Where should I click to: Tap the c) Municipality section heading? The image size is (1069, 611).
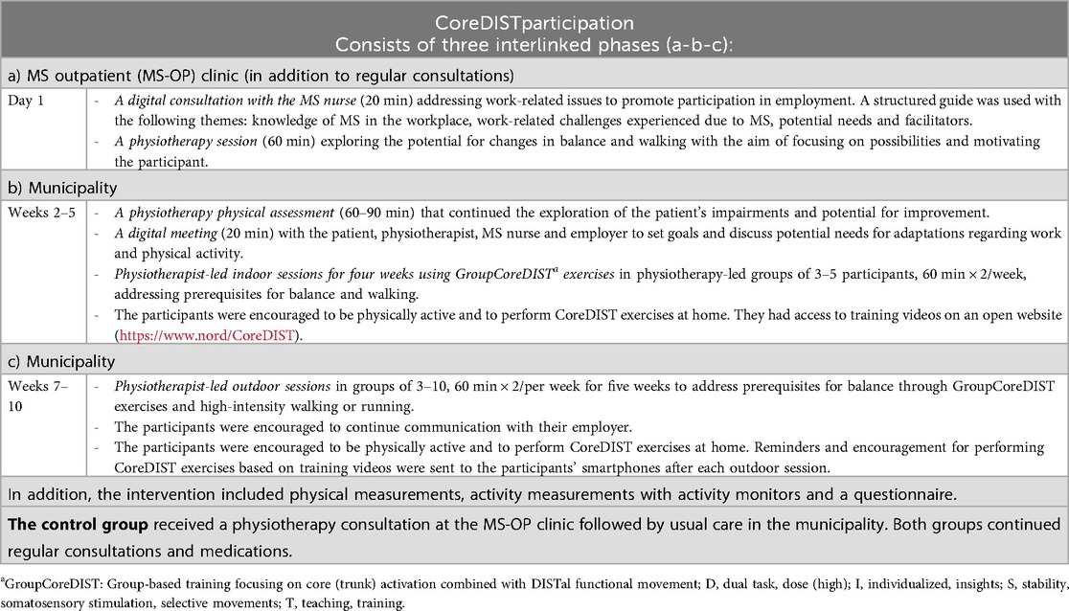(58, 362)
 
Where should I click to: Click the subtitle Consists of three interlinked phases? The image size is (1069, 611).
(534, 43)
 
